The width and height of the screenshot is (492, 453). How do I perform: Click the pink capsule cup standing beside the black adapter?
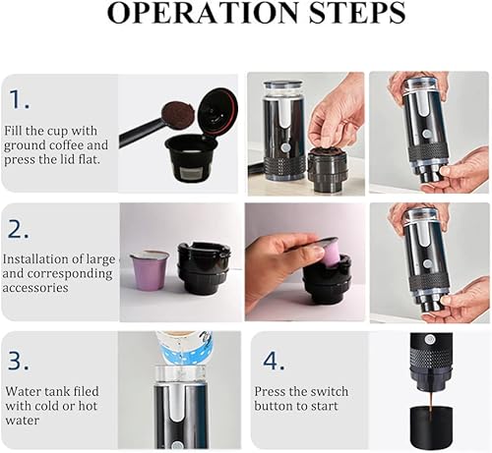click(149, 270)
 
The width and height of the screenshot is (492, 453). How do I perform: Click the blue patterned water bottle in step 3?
click(185, 346)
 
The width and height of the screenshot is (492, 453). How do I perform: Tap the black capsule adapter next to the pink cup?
click(204, 267)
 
